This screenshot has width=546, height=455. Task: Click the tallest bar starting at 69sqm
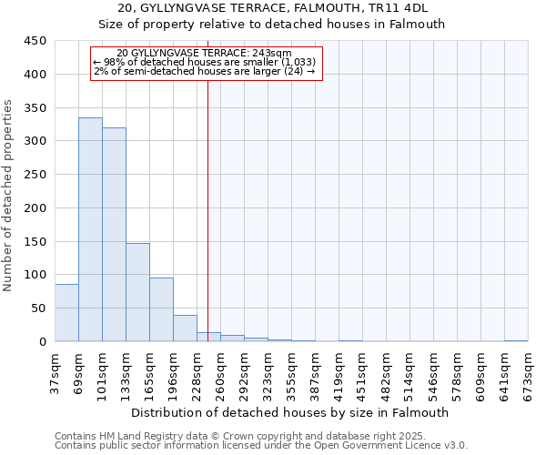pos(90,229)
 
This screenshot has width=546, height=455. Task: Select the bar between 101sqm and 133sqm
pos(114,234)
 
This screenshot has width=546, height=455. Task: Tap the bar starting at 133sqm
pos(137,292)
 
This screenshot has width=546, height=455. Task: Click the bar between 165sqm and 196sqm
pos(161,309)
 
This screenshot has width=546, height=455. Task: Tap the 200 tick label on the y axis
pos(35,208)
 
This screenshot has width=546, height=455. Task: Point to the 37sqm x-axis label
pos(55,373)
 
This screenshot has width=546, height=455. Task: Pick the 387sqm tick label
pos(315,373)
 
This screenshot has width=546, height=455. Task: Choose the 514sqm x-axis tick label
pos(409,373)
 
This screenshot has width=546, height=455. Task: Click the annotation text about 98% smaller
pos(205,62)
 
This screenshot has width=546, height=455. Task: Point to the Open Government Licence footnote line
pos(261,445)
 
